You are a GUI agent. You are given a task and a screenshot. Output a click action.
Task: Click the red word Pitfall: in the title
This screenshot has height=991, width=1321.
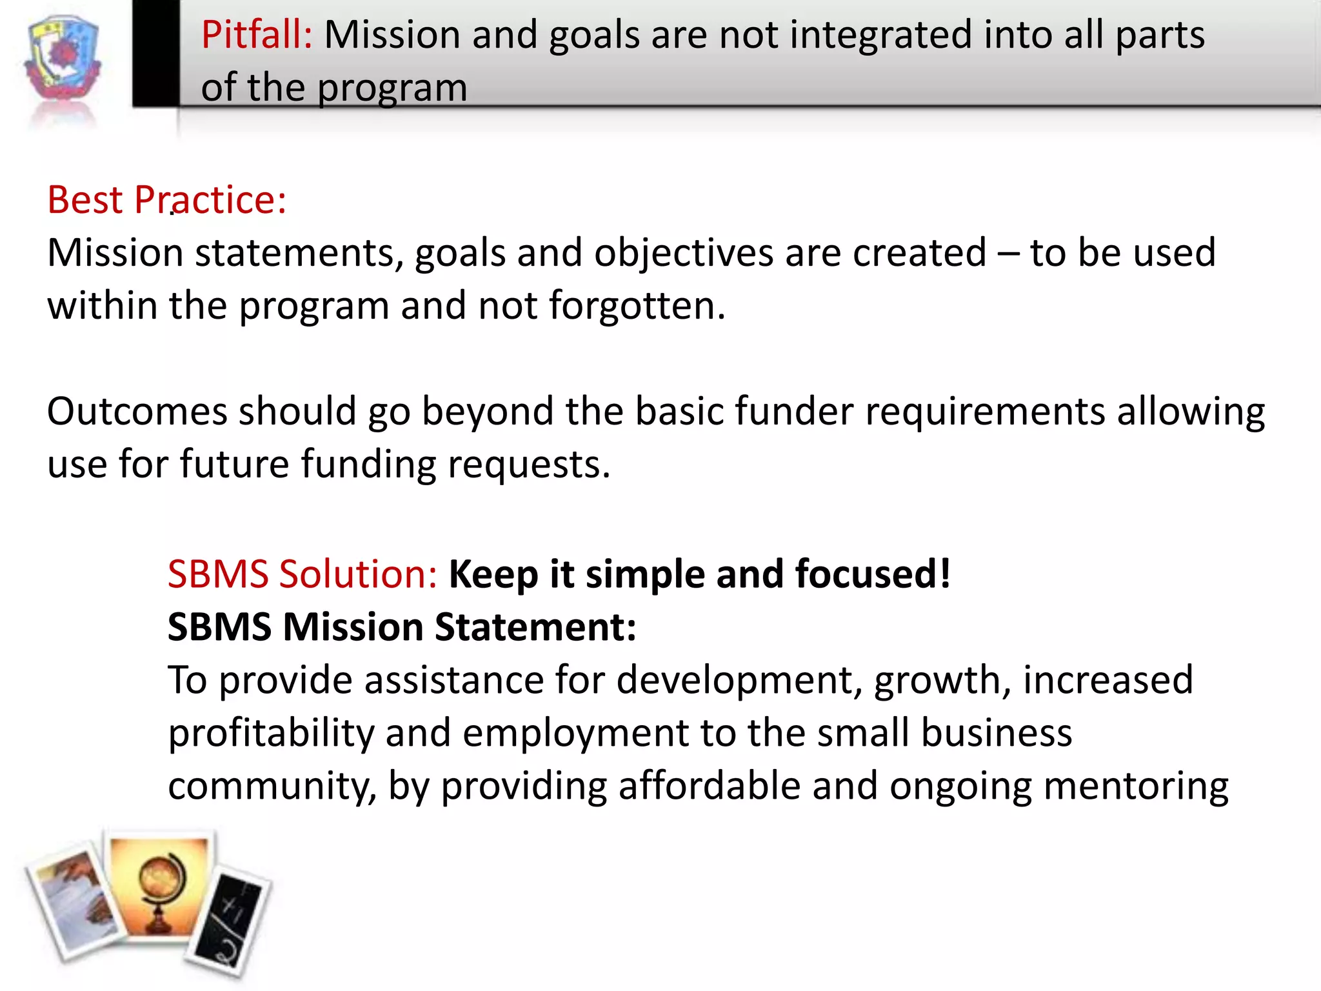(257, 35)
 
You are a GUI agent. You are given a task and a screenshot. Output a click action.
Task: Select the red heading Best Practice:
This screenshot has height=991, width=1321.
(166, 200)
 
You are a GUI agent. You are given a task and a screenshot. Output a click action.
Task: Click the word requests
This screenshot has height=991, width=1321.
(528, 465)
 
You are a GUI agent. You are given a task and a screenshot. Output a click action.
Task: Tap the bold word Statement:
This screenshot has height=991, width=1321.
(535, 627)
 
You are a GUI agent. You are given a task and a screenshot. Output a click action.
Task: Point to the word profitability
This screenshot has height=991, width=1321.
(271, 734)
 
